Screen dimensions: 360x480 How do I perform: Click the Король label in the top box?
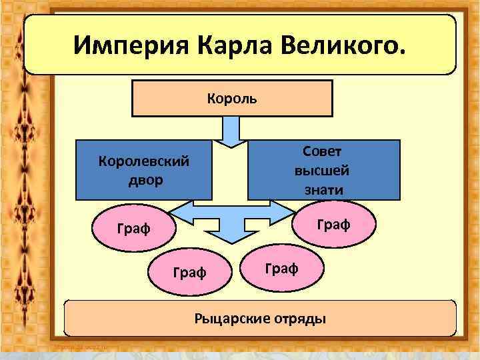(x=231, y=99)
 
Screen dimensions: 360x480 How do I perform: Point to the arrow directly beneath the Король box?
(x=231, y=130)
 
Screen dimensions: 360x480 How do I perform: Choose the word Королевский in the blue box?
(x=143, y=161)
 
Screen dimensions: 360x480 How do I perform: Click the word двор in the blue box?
(x=143, y=180)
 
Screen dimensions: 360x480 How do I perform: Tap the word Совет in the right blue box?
(x=323, y=151)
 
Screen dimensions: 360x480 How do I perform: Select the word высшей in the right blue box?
(x=323, y=170)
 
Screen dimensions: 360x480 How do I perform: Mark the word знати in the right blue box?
(x=323, y=189)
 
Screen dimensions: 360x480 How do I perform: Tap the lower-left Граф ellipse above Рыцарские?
(x=189, y=272)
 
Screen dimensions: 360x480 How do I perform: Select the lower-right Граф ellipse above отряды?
(x=281, y=268)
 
